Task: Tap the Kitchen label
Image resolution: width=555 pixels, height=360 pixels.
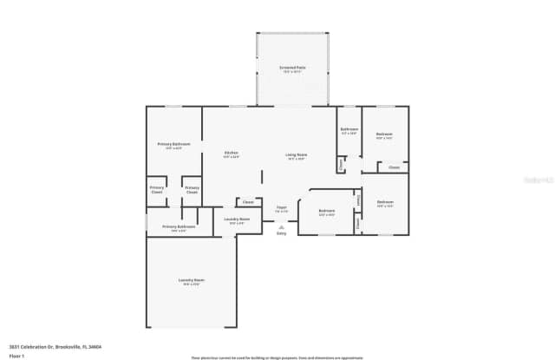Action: click(x=231, y=153)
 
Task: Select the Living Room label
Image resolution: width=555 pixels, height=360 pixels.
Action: click(x=297, y=155)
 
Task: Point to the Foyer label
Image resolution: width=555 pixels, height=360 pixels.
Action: click(x=281, y=207)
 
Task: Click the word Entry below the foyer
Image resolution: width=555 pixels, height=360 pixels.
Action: click(x=281, y=233)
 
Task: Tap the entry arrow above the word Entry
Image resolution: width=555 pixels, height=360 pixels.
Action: click(x=281, y=226)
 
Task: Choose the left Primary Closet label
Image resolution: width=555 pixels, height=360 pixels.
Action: click(x=157, y=189)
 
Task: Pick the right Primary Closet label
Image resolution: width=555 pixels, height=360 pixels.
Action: click(x=192, y=189)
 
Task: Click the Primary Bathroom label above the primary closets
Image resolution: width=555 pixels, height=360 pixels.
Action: click(x=173, y=144)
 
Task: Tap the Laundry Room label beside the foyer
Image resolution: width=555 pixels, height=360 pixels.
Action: click(x=237, y=219)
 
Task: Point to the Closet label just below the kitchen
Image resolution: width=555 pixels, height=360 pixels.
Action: click(x=248, y=201)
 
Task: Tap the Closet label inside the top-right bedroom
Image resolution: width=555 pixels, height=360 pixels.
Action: click(x=394, y=167)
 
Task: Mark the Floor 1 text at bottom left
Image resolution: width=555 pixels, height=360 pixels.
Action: click(x=16, y=355)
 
